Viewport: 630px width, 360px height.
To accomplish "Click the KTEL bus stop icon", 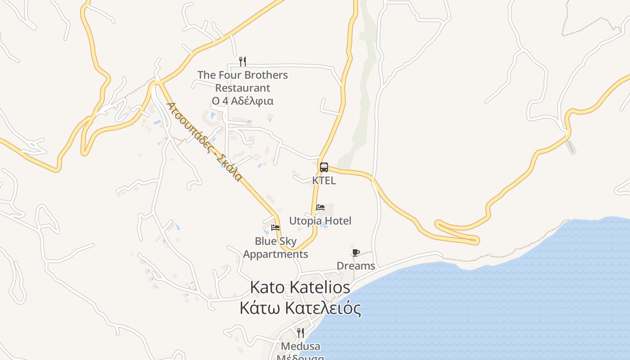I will pos(324,167).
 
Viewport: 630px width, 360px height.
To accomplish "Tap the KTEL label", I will pos(324,180).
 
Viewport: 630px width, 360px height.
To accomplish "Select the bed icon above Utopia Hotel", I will pos(320,207).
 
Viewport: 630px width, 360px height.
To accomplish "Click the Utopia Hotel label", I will pos(320,221).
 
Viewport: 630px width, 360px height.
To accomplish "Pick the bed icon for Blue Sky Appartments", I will pos(275,228).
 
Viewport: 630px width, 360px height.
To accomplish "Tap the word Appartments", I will pos(275,254).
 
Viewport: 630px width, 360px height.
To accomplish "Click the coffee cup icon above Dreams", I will pos(355,252).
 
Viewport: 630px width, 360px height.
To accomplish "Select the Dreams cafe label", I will pos(355,266).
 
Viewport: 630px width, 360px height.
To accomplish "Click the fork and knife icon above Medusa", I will pos(300,333).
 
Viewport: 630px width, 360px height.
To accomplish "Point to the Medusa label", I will pos(301,346).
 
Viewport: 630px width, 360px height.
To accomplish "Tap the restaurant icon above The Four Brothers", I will pos(243,61).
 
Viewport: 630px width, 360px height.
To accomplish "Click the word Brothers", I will pos(266,75).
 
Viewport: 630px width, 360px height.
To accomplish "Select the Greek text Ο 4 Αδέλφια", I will pos(243,101).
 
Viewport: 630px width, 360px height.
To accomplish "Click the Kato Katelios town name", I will pos(300,287).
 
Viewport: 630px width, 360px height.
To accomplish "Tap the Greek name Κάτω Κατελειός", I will pos(300,309).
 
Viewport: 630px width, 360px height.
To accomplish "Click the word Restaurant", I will pos(243,88).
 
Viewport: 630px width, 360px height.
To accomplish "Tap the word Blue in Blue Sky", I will pos(265,241).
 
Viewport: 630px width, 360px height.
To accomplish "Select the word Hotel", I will pos(338,221).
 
